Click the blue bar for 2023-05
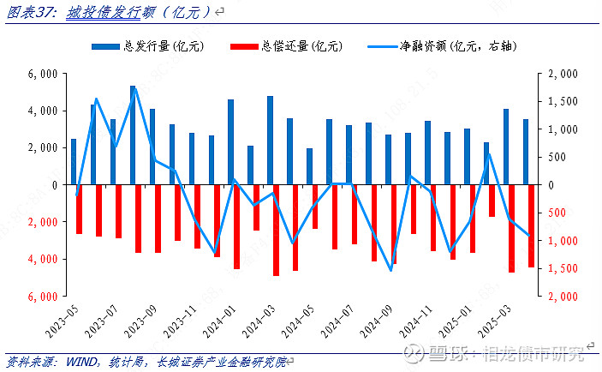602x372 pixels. click(x=74, y=162)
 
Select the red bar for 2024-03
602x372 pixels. click(x=277, y=230)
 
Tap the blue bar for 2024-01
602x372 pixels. click(x=230, y=142)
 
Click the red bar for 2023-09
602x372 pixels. click(x=158, y=219)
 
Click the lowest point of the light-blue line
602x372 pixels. click(x=390, y=271)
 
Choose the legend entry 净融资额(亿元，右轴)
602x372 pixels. click(x=445, y=45)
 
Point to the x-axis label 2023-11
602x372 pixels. click(x=182, y=326)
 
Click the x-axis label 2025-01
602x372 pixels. click(x=456, y=326)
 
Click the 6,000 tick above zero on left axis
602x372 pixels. click(x=42, y=75)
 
